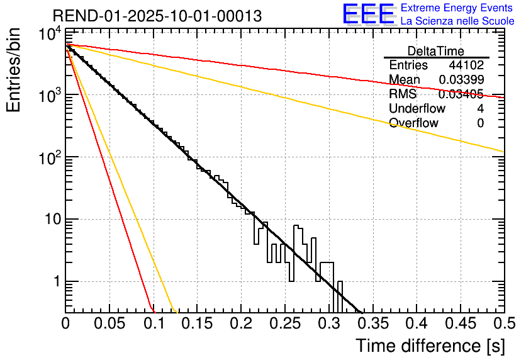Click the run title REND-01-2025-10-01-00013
click(x=157, y=16)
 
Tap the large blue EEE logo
click(x=369, y=14)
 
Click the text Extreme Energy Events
click(x=457, y=8)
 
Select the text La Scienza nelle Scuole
click(x=457, y=21)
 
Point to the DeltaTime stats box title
click(x=436, y=51)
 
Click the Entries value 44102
click(x=466, y=65)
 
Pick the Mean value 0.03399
click(x=461, y=79)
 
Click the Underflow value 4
click(x=480, y=109)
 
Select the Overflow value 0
click(x=480, y=123)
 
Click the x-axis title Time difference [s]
click(x=430, y=346)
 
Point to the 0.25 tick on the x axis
click(x=284, y=324)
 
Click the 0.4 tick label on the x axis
click(x=416, y=324)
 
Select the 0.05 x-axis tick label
click(x=109, y=324)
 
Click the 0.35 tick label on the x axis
click(x=372, y=324)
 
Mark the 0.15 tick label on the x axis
click(x=196, y=324)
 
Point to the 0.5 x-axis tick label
click(x=503, y=324)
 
